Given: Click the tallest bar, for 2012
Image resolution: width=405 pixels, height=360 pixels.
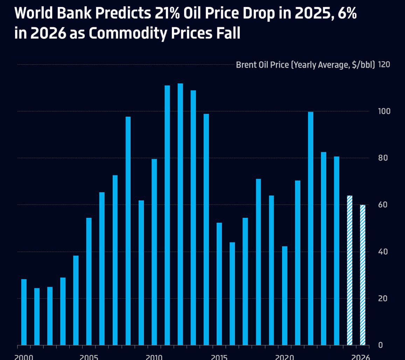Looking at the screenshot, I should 180,214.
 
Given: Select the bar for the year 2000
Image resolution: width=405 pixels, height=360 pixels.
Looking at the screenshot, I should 24,312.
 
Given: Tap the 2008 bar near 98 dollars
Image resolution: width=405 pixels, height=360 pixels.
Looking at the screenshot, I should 128,231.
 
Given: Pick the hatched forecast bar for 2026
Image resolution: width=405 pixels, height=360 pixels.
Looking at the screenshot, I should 363,275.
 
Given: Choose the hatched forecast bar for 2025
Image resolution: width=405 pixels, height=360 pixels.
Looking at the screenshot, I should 349,270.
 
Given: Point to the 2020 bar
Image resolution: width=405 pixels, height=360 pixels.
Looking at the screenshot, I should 285,296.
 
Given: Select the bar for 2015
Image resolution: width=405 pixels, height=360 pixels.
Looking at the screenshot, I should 219,284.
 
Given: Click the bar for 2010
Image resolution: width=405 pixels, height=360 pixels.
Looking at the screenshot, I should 154,252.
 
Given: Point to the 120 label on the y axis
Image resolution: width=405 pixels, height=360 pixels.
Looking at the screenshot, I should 384,65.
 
